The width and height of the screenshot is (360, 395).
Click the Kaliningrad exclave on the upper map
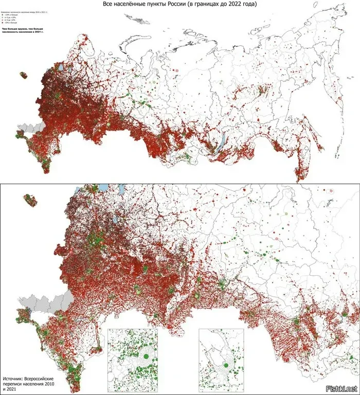pos(23,75)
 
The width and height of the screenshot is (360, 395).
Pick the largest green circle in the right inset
pos(225,365)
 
